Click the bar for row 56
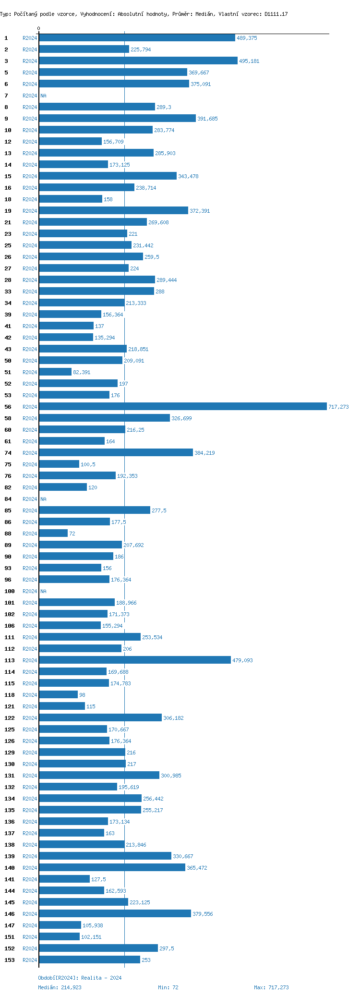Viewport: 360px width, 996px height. (x=182, y=407)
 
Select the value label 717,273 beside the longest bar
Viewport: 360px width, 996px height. (x=338, y=407)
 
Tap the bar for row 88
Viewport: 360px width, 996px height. (x=53, y=534)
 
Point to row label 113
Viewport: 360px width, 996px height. (x=10, y=661)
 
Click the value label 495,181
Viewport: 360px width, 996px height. (x=248, y=61)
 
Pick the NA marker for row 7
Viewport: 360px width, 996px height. (x=43, y=96)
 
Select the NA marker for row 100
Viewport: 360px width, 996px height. (x=43, y=592)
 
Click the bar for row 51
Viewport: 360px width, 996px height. (x=55, y=372)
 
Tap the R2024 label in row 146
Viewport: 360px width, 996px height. (x=30, y=914)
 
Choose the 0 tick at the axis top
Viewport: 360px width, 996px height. (x=39, y=29)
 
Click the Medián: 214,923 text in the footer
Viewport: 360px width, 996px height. (x=60, y=987)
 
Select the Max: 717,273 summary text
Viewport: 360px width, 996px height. (x=271, y=987)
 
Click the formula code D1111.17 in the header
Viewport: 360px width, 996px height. (x=276, y=14)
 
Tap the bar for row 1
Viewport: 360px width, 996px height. (x=137, y=38)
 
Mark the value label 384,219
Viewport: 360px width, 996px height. (x=204, y=453)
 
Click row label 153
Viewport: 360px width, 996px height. (x=10, y=960)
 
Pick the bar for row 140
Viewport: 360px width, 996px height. (x=112, y=868)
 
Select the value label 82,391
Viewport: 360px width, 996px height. (x=82, y=373)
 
